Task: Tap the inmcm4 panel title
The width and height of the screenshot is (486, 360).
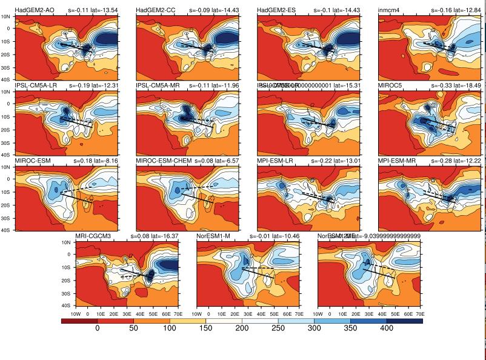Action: [389, 11]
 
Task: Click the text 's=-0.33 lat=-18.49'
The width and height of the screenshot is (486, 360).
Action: [451, 85]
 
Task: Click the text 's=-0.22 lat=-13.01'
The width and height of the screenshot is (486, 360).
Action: [331, 160]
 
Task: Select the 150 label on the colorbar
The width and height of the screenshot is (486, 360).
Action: [205, 328]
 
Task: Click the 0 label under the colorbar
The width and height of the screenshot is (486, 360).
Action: [98, 328]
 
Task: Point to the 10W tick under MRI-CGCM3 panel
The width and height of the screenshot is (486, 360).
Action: [76, 315]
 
